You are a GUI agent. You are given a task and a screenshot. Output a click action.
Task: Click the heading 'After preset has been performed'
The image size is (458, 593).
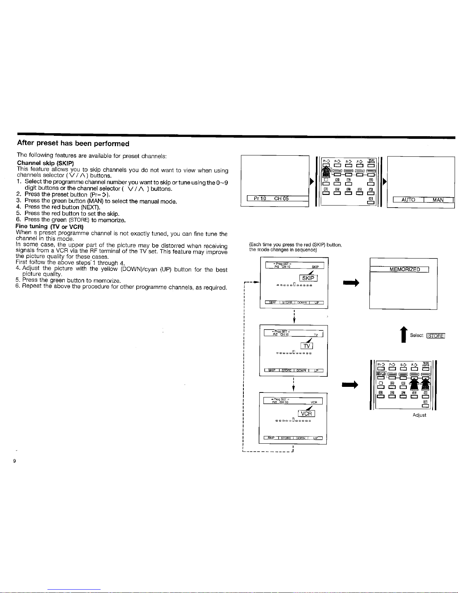tap(73, 144)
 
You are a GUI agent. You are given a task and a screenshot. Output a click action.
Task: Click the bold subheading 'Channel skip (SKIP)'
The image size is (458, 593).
tap(46, 163)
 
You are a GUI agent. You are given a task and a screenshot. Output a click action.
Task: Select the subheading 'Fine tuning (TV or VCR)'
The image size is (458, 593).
tap(49, 226)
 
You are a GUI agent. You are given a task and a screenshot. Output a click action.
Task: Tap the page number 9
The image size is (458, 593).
tap(14, 461)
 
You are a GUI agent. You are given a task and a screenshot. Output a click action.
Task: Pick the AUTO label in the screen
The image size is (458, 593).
tap(408, 200)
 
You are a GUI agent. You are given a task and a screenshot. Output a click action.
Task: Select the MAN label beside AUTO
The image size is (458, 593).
tap(438, 200)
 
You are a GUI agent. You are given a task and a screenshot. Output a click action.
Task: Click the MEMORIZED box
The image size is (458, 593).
tap(405, 269)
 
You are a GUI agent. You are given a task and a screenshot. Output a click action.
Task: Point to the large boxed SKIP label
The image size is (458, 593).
tap(308, 278)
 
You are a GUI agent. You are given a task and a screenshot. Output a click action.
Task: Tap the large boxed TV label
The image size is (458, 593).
tap(307, 346)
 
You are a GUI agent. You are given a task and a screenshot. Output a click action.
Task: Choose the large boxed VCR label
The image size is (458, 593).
tap(306, 413)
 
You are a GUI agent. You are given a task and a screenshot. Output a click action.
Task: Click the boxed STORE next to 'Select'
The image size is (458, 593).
tap(436, 336)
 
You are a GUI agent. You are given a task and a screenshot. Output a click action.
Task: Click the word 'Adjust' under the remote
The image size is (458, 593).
tap(419, 415)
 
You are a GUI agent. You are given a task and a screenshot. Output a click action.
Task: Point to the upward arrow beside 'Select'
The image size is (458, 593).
tap(403, 334)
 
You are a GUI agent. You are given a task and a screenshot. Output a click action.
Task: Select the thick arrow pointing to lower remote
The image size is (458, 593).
tap(351, 384)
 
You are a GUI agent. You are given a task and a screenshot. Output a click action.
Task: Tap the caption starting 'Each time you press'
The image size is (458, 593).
tap(295, 247)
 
